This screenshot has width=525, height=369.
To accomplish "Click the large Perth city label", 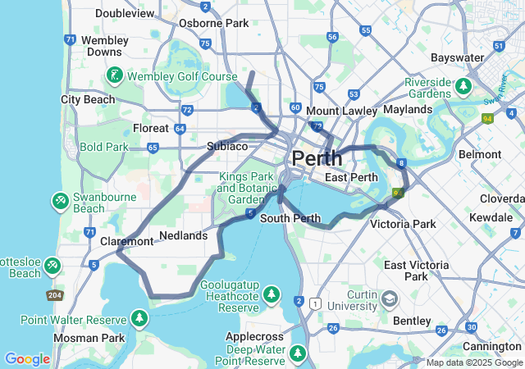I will point(317,158).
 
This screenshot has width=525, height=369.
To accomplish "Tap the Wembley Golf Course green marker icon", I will point(115,77).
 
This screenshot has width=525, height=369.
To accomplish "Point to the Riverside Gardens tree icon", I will point(464,85).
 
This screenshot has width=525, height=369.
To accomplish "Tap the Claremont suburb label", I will point(126,241).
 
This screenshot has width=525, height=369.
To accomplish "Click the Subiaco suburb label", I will point(227,146).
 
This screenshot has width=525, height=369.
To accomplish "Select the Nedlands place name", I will point(183,235).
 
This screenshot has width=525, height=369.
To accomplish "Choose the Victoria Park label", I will point(403,224).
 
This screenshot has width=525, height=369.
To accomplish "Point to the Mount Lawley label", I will point(341,111).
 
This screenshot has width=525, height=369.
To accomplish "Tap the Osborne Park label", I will point(213,23).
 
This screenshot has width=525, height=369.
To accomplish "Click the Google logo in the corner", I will point(27,359).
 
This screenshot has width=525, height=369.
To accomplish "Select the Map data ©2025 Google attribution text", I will point(474,362).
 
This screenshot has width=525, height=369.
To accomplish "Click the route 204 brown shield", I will point(55,295).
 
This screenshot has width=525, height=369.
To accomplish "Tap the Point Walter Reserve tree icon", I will point(140,318).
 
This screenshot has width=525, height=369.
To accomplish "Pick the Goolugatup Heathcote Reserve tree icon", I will point(272,294).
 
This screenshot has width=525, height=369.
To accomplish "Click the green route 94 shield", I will point(488,119).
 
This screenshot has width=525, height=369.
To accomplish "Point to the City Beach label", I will point(88,99).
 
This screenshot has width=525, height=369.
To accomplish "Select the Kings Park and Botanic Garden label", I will point(245,188).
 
